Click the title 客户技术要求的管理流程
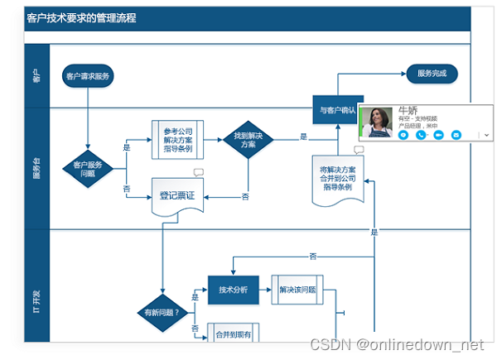coord(81,17)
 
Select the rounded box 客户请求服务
coord(88,76)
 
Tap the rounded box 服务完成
coord(432,74)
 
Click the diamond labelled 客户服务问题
coord(88,169)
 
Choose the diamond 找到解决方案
coord(248,138)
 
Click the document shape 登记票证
coord(176,195)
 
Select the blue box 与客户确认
coord(337,108)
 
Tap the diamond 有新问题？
coord(162,312)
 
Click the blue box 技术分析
coord(234,290)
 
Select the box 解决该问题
coord(297,290)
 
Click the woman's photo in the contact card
coord(377,122)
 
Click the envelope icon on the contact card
coord(403,134)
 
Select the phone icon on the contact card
coord(421,134)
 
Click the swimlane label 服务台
coord(36,168)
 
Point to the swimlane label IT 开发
coord(36,291)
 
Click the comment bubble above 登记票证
coord(199,173)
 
